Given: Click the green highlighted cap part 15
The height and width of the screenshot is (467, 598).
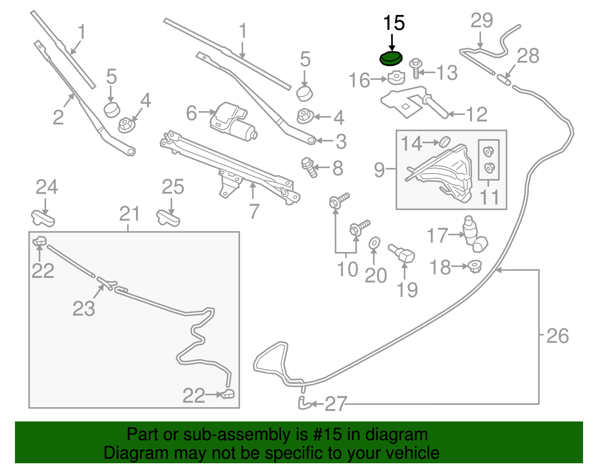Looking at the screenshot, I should point(391,59).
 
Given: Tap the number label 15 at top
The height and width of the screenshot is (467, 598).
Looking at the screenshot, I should point(394,23).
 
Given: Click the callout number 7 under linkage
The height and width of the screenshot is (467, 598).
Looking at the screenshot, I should point(254,212).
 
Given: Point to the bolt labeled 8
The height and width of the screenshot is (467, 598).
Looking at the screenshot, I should point(309,167).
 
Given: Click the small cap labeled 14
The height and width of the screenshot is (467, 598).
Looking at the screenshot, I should point(444,142).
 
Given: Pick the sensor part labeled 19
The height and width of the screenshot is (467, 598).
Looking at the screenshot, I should point(402,254).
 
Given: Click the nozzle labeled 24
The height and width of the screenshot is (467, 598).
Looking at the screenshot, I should point(43,218).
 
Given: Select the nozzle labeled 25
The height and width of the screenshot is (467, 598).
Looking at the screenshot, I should point(168,218).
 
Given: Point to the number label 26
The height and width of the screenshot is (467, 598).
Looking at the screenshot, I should point(557,336).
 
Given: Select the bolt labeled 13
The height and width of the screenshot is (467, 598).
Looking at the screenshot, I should point(416,68).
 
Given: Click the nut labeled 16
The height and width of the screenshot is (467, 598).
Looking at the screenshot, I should point(397,78).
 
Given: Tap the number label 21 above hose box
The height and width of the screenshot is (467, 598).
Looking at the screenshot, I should point(129,214).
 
